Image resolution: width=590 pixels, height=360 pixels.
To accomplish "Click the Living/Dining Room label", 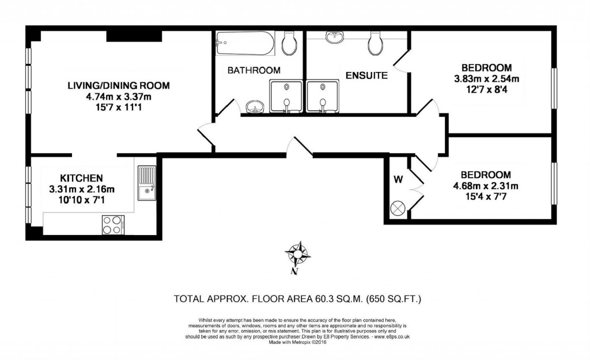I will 119,86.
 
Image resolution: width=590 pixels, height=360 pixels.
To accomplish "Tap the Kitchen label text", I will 82,178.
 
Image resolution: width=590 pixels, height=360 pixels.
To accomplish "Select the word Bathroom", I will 254,70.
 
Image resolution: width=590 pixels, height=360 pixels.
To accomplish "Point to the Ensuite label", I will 366,75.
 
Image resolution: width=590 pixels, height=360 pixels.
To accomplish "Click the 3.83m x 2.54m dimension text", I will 486,78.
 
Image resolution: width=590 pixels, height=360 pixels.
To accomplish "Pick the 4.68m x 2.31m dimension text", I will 485,185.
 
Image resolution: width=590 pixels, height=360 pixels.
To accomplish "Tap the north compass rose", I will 298,253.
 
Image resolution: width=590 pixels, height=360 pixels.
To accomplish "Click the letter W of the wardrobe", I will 398,179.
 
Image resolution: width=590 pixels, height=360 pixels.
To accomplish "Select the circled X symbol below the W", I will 398,209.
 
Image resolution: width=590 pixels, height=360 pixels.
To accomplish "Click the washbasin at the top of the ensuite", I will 334,38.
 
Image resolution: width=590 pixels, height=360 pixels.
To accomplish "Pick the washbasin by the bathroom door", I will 254,107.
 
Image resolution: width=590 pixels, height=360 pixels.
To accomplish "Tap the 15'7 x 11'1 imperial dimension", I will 119,107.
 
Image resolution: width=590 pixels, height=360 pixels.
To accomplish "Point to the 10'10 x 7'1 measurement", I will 82,199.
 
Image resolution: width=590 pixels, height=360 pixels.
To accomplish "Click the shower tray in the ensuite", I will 323,96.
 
